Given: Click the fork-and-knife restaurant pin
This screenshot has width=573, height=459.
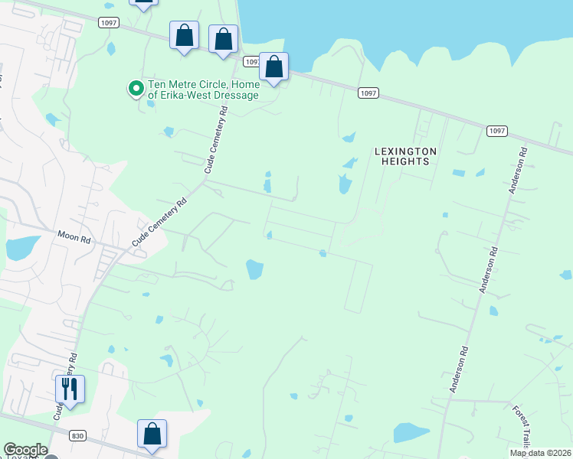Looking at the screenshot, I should (x=70, y=389).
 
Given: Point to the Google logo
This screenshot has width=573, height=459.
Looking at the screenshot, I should (x=25, y=450).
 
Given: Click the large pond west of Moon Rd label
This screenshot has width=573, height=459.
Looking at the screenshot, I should (x=22, y=248).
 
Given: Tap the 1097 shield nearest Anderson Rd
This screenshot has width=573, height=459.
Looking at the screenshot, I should (x=496, y=131).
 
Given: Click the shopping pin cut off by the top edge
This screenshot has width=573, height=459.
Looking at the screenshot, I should (x=143, y=3).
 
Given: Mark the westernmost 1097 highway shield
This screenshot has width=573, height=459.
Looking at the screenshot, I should (x=108, y=23).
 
